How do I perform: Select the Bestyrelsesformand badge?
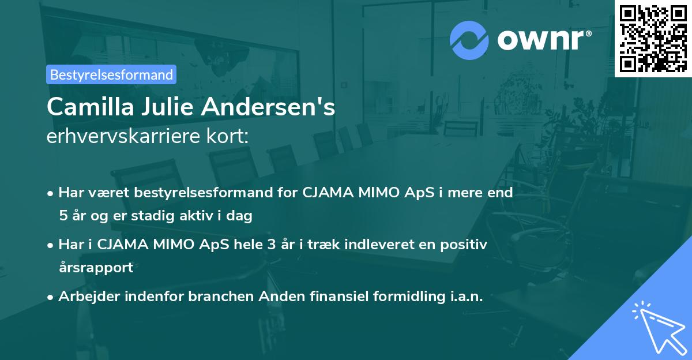[111, 74]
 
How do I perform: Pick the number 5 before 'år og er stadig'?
[62, 216]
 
